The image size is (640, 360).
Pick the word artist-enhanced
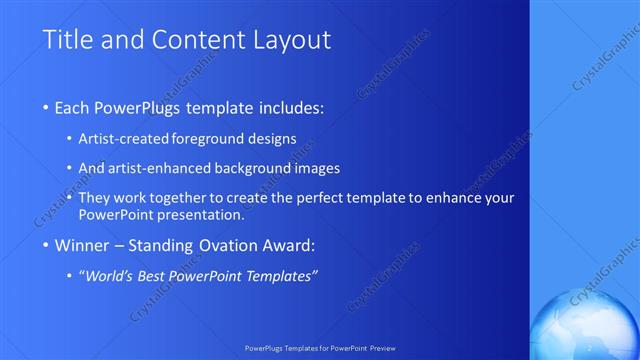click(169, 168)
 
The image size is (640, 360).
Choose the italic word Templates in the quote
click(280, 276)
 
